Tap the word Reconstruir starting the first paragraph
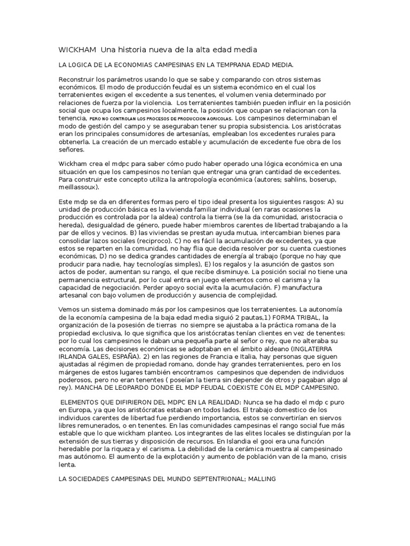pyautogui.click(x=79, y=79)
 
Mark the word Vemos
pyautogui.click(x=69, y=310)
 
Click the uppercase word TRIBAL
pyautogui.click(x=304, y=317)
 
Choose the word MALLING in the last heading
pyautogui.click(x=258, y=480)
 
